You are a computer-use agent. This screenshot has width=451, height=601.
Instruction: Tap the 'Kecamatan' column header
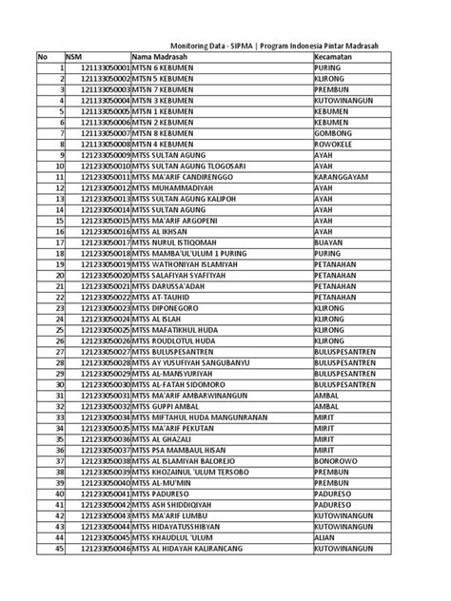(x=333, y=58)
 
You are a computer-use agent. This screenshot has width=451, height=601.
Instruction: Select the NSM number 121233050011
(x=105, y=176)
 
